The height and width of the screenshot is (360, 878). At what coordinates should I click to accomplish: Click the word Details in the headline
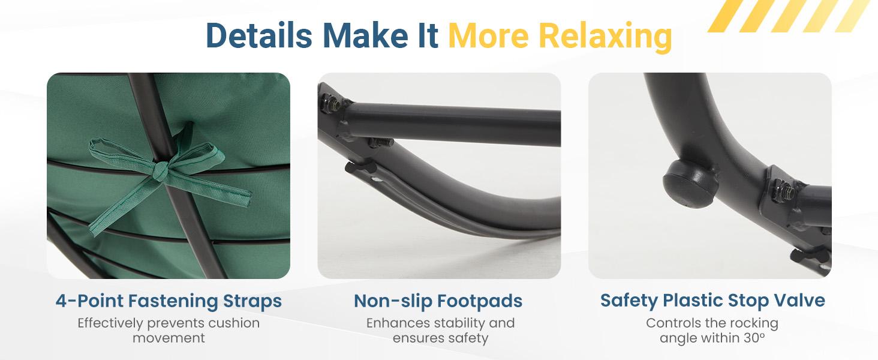click(258, 35)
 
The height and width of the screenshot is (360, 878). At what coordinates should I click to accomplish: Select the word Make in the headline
click(365, 35)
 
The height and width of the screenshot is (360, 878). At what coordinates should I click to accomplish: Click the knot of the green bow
click(160, 171)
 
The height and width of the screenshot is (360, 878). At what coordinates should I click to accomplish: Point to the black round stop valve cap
click(690, 183)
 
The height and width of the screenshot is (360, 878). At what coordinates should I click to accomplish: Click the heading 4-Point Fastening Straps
click(169, 301)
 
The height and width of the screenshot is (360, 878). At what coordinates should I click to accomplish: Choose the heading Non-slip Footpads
click(438, 301)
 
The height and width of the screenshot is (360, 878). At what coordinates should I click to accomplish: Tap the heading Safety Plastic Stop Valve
click(712, 301)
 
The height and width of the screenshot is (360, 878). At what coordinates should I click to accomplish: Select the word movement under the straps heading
click(169, 338)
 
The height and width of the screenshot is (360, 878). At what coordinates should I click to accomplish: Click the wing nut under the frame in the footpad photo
click(359, 169)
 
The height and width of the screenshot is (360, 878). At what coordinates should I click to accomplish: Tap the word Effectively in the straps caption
click(110, 323)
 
